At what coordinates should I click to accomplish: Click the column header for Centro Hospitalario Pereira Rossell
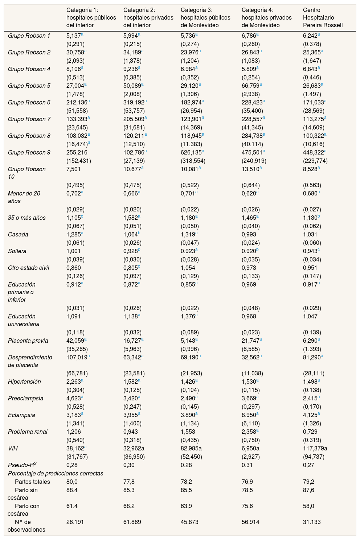click(323, 17)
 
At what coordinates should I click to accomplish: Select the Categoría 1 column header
click(91, 17)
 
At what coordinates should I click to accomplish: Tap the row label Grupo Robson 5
click(29, 86)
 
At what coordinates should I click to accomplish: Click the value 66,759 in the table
click(251, 86)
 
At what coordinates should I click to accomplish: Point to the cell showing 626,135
click(190, 153)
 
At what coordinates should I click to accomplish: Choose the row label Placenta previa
click(28, 341)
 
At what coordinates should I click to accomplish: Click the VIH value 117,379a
click(315, 448)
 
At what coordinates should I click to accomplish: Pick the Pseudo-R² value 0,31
click(246, 465)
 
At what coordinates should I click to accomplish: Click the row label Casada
click(18, 235)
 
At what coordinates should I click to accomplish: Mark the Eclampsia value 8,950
click(249, 415)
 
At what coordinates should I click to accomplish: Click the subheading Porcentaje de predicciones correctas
click(56, 473)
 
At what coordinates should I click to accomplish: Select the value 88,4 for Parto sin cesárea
click(72, 490)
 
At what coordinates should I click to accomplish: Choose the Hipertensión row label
click(24, 382)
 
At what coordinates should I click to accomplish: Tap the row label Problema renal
click(28, 432)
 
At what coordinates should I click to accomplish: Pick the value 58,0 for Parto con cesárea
click(308, 506)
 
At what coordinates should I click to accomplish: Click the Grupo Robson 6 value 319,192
click(133, 103)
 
